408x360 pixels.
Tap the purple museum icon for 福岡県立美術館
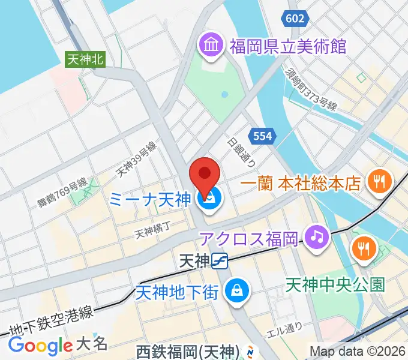pos(212,46)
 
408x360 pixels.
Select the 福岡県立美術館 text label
pos(287,46)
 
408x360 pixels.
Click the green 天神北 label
pos(85,59)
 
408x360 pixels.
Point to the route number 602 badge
pos(295,19)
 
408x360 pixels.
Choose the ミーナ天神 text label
pos(150,200)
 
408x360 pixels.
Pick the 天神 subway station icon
pos(220,260)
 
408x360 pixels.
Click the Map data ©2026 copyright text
pos(357,351)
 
